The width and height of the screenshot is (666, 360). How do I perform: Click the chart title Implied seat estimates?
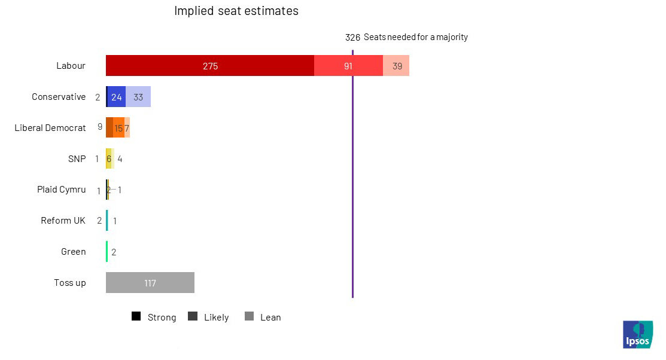tap(236, 11)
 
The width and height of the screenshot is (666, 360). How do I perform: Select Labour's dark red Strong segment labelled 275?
tap(210, 66)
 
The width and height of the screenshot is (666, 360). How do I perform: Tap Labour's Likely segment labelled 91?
tap(348, 66)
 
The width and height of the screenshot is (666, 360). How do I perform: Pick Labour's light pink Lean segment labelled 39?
tap(397, 66)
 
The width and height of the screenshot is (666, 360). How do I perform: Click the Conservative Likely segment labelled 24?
tap(117, 97)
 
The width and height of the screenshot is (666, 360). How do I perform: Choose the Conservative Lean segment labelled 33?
tap(138, 97)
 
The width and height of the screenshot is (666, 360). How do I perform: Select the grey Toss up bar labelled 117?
tap(150, 283)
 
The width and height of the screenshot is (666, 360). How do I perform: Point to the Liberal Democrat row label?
tap(50, 127)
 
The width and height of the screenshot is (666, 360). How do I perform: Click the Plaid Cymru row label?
tap(61, 190)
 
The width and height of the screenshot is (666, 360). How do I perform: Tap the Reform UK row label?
tap(63, 221)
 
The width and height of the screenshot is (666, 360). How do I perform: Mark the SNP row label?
tap(77, 158)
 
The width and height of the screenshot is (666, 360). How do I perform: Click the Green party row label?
tap(73, 252)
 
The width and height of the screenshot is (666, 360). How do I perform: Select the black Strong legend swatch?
tap(136, 317)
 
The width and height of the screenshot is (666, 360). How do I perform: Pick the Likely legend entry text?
tap(216, 318)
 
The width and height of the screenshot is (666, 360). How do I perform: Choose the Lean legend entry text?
tap(270, 318)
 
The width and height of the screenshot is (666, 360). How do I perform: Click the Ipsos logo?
tap(638, 334)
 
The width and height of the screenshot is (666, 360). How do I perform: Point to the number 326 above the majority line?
tap(352, 37)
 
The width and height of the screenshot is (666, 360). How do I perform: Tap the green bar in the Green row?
tap(107, 252)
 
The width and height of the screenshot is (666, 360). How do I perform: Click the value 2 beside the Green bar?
tap(114, 252)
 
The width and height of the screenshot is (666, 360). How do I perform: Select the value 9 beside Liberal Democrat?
tap(100, 127)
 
